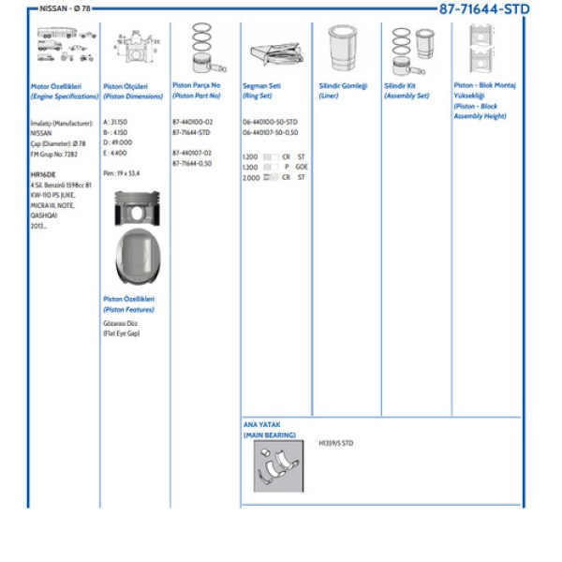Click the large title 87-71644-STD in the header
pyautogui.click(x=484, y=9)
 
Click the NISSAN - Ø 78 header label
pyautogui.click(x=65, y=8)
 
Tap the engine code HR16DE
pyautogui.click(x=43, y=174)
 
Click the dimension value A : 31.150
pyautogui.click(x=115, y=122)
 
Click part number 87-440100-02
pyautogui.click(x=193, y=122)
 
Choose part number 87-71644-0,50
pyautogui.click(x=192, y=163)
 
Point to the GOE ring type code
pyautogui.click(x=302, y=167)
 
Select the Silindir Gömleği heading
pyautogui.click(x=343, y=86)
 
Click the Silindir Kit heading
pyautogui.click(x=400, y=86)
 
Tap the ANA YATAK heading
pyautogui.click(x=261, y=424)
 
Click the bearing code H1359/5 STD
pyautogui.click(x=335, y=443)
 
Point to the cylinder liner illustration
pyautogui.click(x=343, y=48)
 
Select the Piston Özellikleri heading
pyautogui.click(x=128, y=299)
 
